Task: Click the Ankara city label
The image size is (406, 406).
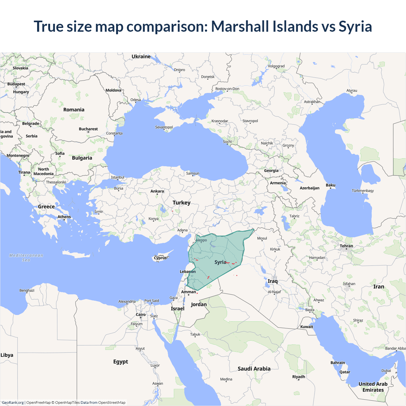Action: tap(157, 191)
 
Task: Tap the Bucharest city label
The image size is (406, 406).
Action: tap(88, 129)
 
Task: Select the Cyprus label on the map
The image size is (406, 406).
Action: tap(160, 258)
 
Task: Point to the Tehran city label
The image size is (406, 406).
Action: tap(346, 246)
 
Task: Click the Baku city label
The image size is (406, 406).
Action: tap(330, 185)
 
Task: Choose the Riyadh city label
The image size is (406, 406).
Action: tap(298, 377)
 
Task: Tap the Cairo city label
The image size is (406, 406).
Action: tap(141, 315)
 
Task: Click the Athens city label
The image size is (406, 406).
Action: tap(64, 217)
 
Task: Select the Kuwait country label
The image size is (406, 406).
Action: tap(306, 327)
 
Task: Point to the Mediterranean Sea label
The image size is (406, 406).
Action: tap(26, 258)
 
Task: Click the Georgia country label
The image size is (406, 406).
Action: tap(271, 170)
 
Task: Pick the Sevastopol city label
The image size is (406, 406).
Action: tap(164, 127)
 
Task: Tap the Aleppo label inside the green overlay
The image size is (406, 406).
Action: tap(201, 240)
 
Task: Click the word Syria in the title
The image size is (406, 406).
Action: tap(355, 26)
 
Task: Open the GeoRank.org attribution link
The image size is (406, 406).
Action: tap(13, 403)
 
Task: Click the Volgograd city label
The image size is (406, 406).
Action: tap(276, 66)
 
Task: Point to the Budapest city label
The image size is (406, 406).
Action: tap(16, 84)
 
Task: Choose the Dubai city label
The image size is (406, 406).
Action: tap(386, 370)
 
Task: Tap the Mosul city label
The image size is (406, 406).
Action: tap(262, 238)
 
